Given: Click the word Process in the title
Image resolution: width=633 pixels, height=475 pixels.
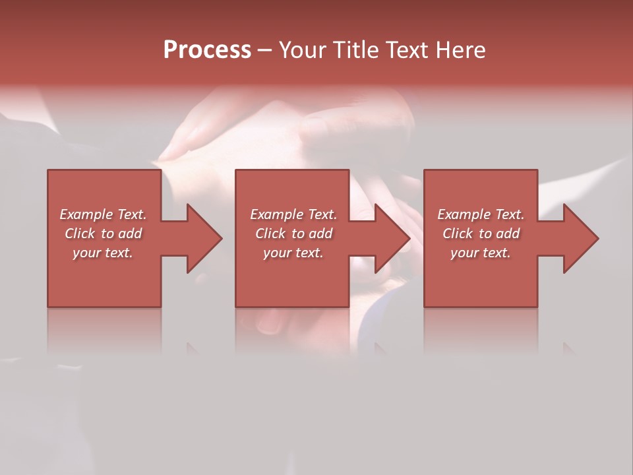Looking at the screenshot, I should point(207,50).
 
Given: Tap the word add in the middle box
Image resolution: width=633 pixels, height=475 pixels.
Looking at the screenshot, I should point(320,234).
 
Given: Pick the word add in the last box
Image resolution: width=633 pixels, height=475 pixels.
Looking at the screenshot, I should point(508,234).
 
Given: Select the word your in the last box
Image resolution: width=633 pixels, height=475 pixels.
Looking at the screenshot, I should point(464,253).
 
